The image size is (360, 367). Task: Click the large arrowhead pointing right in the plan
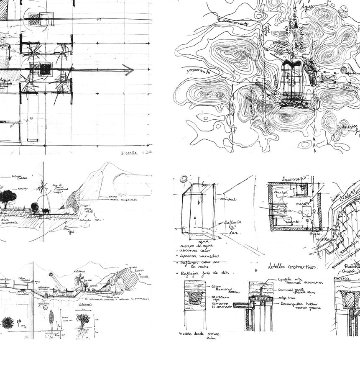pyautogui.click(x=129, y=70)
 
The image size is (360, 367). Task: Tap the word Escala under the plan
pyautogui.click(x=129, y=153)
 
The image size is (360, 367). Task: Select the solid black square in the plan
pyautogui.click(x=45, y=69)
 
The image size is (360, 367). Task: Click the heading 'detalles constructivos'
pyautogui.click(x=292, y=266)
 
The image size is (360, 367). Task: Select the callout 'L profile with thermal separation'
pyautogui.click(x=301, y=281)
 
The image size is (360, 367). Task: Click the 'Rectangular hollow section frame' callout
pyautogui.click(x=301, y=306)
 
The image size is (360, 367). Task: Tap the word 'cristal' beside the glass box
pyautogui.click(x=228, y=199)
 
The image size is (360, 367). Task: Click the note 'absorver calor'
pyautogui.click(x=196, y=250)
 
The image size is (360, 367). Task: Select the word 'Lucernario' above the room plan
pyautogui.click(x=293, y=178)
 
